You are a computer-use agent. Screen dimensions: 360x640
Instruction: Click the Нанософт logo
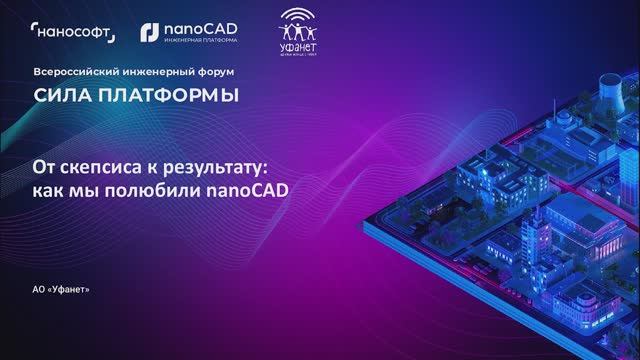coord(73,34)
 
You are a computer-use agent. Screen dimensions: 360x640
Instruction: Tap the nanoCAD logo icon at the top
coord(147,33)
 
